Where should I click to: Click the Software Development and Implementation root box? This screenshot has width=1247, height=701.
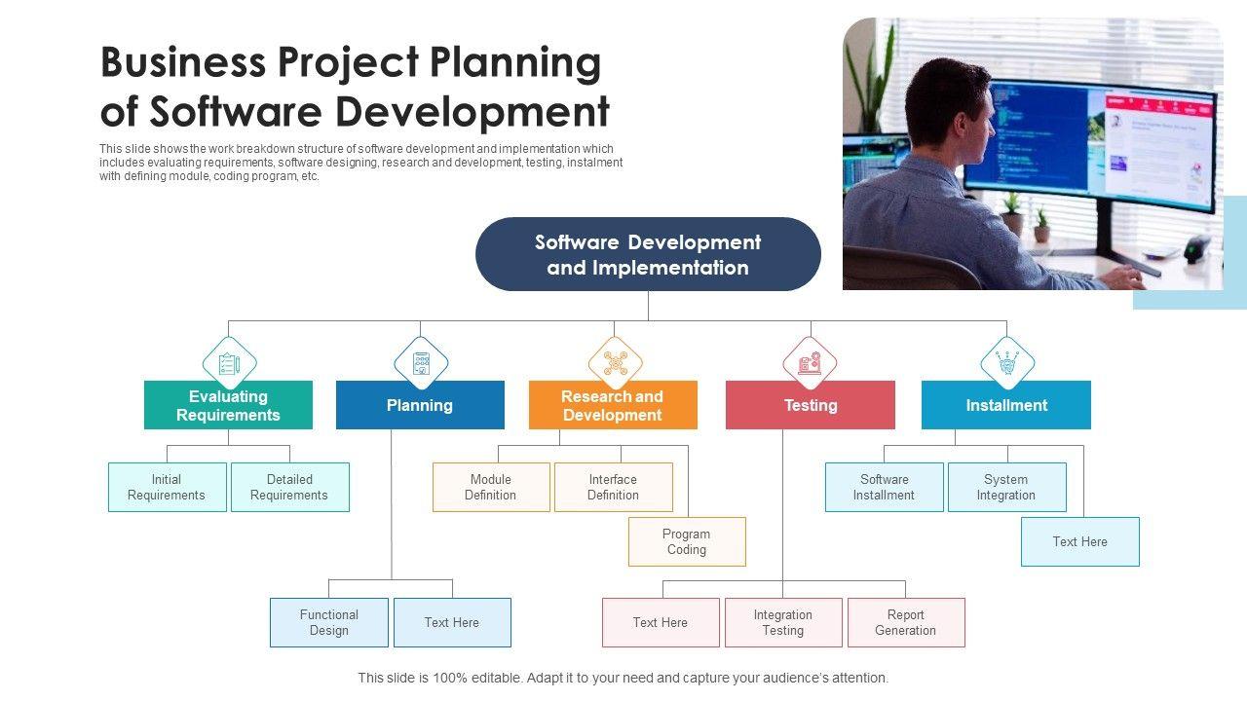click(648, 254)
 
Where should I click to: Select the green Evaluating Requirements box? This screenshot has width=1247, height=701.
click(228, 405)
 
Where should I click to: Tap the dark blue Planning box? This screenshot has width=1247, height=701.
click(420, 405)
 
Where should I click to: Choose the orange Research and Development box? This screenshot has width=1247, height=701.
click(613, 405)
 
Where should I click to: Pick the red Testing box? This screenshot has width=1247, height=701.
click(810, 405)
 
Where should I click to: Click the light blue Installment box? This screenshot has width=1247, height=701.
click(1005, 405)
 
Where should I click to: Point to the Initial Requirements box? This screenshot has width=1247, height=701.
click(167, 487)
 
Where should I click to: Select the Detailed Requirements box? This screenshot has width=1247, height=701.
click(289, 487)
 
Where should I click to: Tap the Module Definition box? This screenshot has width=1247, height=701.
click(491, 487)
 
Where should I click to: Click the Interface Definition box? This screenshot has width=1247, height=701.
click(613, 487)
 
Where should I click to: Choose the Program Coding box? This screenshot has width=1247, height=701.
click(687, 541)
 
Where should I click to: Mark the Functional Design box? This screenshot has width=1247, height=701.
click(329, 622)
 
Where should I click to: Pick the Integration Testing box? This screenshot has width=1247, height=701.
click(783, 622)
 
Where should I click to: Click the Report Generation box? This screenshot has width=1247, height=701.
click(906, 622)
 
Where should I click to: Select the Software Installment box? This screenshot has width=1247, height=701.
click(884, 487)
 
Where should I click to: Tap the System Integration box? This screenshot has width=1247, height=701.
click(1006, 487)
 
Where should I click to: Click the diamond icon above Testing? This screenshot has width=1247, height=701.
click(810, 363)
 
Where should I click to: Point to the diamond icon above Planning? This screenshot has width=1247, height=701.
click(421, 363)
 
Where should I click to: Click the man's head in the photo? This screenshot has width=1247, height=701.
click(945, 107)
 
